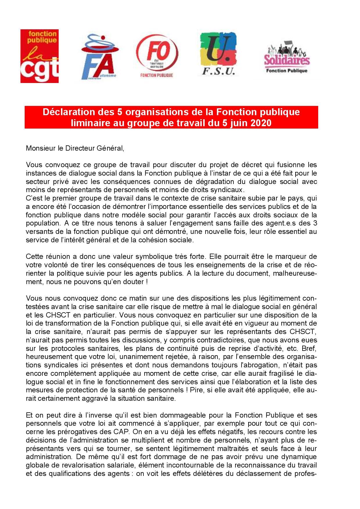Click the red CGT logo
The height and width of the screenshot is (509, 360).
pos(39,56)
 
